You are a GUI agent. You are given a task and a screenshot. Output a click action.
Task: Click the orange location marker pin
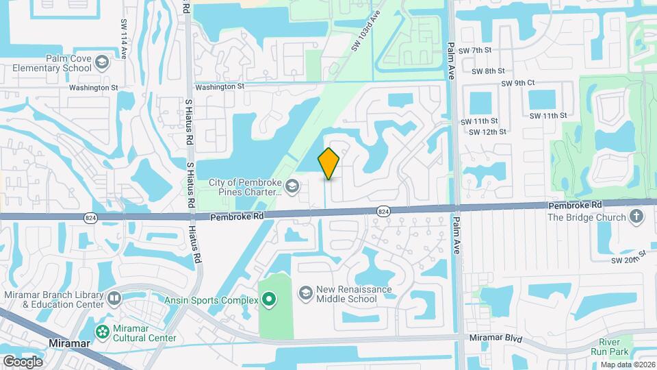(328, 163)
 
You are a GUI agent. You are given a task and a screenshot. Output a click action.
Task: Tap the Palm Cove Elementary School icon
(101, 62)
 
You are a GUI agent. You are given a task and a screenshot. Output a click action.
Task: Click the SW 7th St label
(475, 51)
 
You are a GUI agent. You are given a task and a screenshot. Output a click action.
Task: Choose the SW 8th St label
(488, 71)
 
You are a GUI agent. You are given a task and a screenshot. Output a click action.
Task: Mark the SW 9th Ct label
(517, 83)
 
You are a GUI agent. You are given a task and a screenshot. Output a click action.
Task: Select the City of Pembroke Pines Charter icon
(292, 185)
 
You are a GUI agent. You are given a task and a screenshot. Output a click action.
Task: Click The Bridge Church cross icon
(636, 217)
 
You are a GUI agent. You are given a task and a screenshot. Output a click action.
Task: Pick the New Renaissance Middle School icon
(305, 293)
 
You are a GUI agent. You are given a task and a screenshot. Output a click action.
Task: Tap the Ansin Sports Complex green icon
(269, 299)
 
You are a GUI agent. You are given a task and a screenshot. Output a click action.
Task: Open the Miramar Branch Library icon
(113, 299)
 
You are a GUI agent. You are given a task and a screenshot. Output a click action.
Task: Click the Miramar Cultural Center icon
(103, 332)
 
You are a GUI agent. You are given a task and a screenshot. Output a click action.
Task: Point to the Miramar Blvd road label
(495, 338)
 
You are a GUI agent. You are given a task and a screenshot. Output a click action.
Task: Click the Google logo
(23, 361)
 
